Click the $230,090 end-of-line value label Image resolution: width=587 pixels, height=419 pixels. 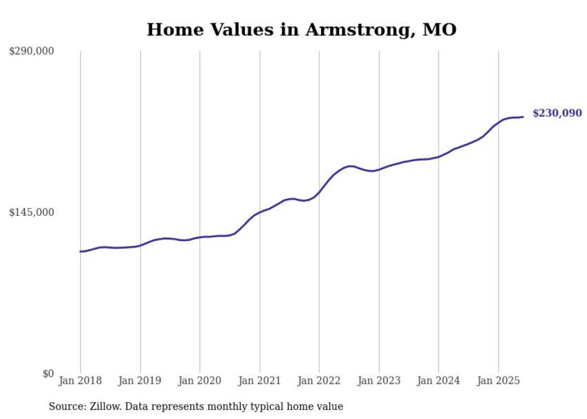point(556,113)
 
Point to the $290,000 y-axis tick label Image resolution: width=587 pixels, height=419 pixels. point(32,52)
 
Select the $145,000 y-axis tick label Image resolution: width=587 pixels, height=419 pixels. point(32,212)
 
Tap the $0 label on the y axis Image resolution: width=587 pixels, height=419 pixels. point(48,374)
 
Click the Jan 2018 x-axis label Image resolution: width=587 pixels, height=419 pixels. point(80,381)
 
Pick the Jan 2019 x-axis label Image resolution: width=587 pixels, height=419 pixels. point(140,381)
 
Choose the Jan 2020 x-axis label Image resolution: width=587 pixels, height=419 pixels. point(200,381)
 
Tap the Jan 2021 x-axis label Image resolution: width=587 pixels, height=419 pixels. point(259,381)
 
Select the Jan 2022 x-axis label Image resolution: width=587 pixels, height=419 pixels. point(319,381)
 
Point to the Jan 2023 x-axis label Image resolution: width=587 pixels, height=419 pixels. point(379,381)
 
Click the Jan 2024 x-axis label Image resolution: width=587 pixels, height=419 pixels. point(438,381)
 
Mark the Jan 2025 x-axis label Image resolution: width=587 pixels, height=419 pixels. point(498,381)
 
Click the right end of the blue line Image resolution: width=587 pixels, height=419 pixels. point(523,117)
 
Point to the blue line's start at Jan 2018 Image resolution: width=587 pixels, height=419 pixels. point(81,251)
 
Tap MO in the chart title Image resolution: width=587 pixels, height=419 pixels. point(440,29)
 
